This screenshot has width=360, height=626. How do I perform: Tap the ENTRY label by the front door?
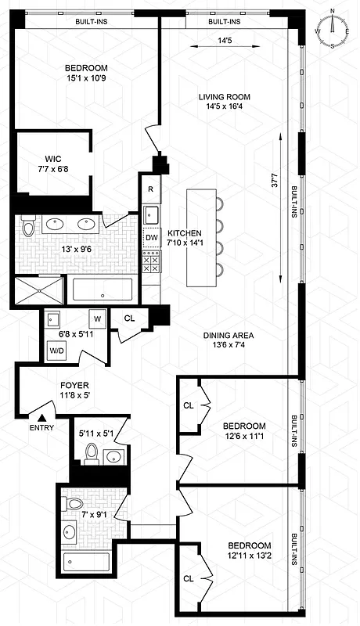[x=42, y=428]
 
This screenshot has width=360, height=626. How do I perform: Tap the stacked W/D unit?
[x=56, y=351]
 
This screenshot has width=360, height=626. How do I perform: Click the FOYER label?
[x=75, y=390]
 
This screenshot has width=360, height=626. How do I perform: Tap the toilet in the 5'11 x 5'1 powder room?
[x=91, y=453]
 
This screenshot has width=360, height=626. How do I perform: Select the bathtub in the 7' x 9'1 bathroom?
[x=87, y=562]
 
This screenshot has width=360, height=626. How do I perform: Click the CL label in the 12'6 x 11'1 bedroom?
[x=189, y=405]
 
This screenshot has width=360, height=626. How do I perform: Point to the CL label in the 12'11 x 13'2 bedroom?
[x=189, y=578]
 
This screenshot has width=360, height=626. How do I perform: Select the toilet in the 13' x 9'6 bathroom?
[x=29, y=228]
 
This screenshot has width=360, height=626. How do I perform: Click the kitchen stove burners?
[x=151, y=264]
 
